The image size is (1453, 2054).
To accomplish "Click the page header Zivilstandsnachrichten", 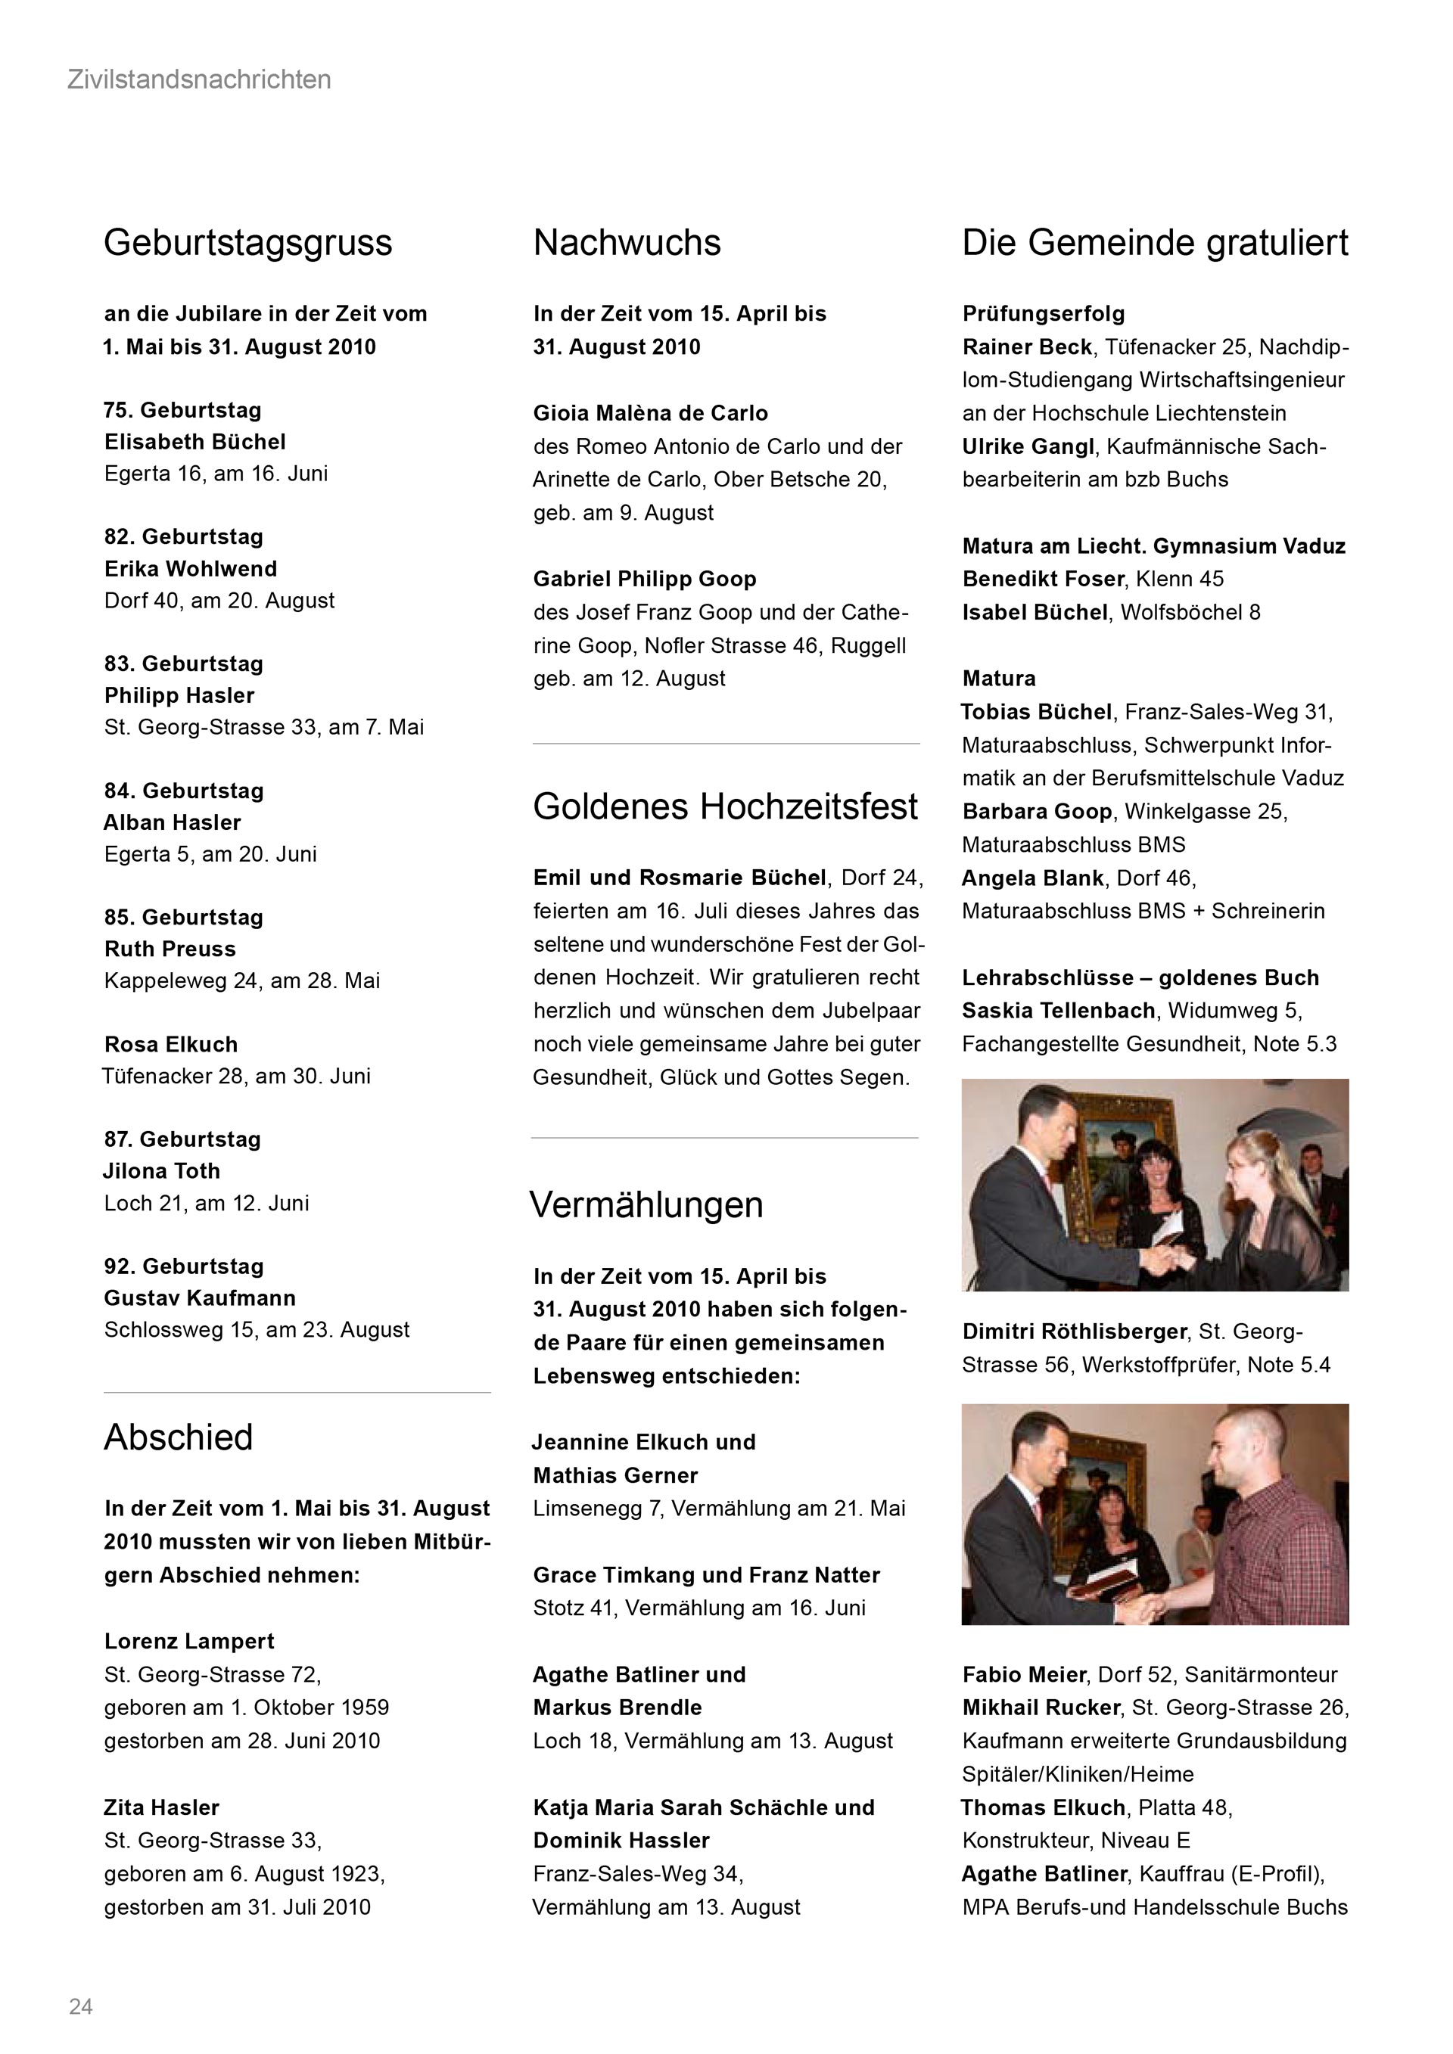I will (198, 80).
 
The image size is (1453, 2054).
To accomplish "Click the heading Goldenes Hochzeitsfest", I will (725, 807).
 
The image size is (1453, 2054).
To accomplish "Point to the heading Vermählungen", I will (646, 1205).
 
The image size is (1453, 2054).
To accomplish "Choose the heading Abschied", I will (178, 1437).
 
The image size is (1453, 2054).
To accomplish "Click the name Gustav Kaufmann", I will (200, 1298).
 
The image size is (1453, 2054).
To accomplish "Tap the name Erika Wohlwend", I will (191, 569).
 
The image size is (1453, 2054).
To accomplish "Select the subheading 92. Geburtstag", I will (183, 1266).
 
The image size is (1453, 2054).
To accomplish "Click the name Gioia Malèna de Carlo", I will (651, 413).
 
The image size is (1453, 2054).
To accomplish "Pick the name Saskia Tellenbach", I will (1059, 1011).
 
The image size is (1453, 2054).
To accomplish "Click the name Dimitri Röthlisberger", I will (1075, 1332).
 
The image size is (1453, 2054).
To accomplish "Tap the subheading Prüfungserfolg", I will (1044, 314).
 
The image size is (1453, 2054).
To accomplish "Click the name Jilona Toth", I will (162, 1171).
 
